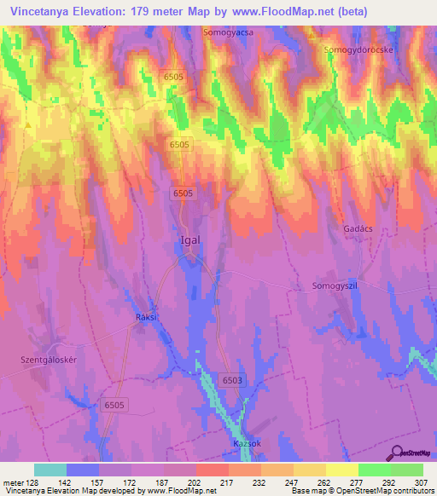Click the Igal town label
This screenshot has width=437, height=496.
click(x=189, y=239)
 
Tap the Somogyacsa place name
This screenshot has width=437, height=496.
click(x=229, y=32)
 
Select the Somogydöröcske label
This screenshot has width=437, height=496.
click(x=358, y=51)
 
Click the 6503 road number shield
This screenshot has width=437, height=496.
click(x=231, y=380)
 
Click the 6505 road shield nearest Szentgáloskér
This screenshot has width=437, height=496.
click(x=114, y=406)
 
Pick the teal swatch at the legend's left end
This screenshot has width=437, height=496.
click(x=50, y=470)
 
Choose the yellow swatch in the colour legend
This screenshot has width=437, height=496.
click(x=341, y=470)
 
